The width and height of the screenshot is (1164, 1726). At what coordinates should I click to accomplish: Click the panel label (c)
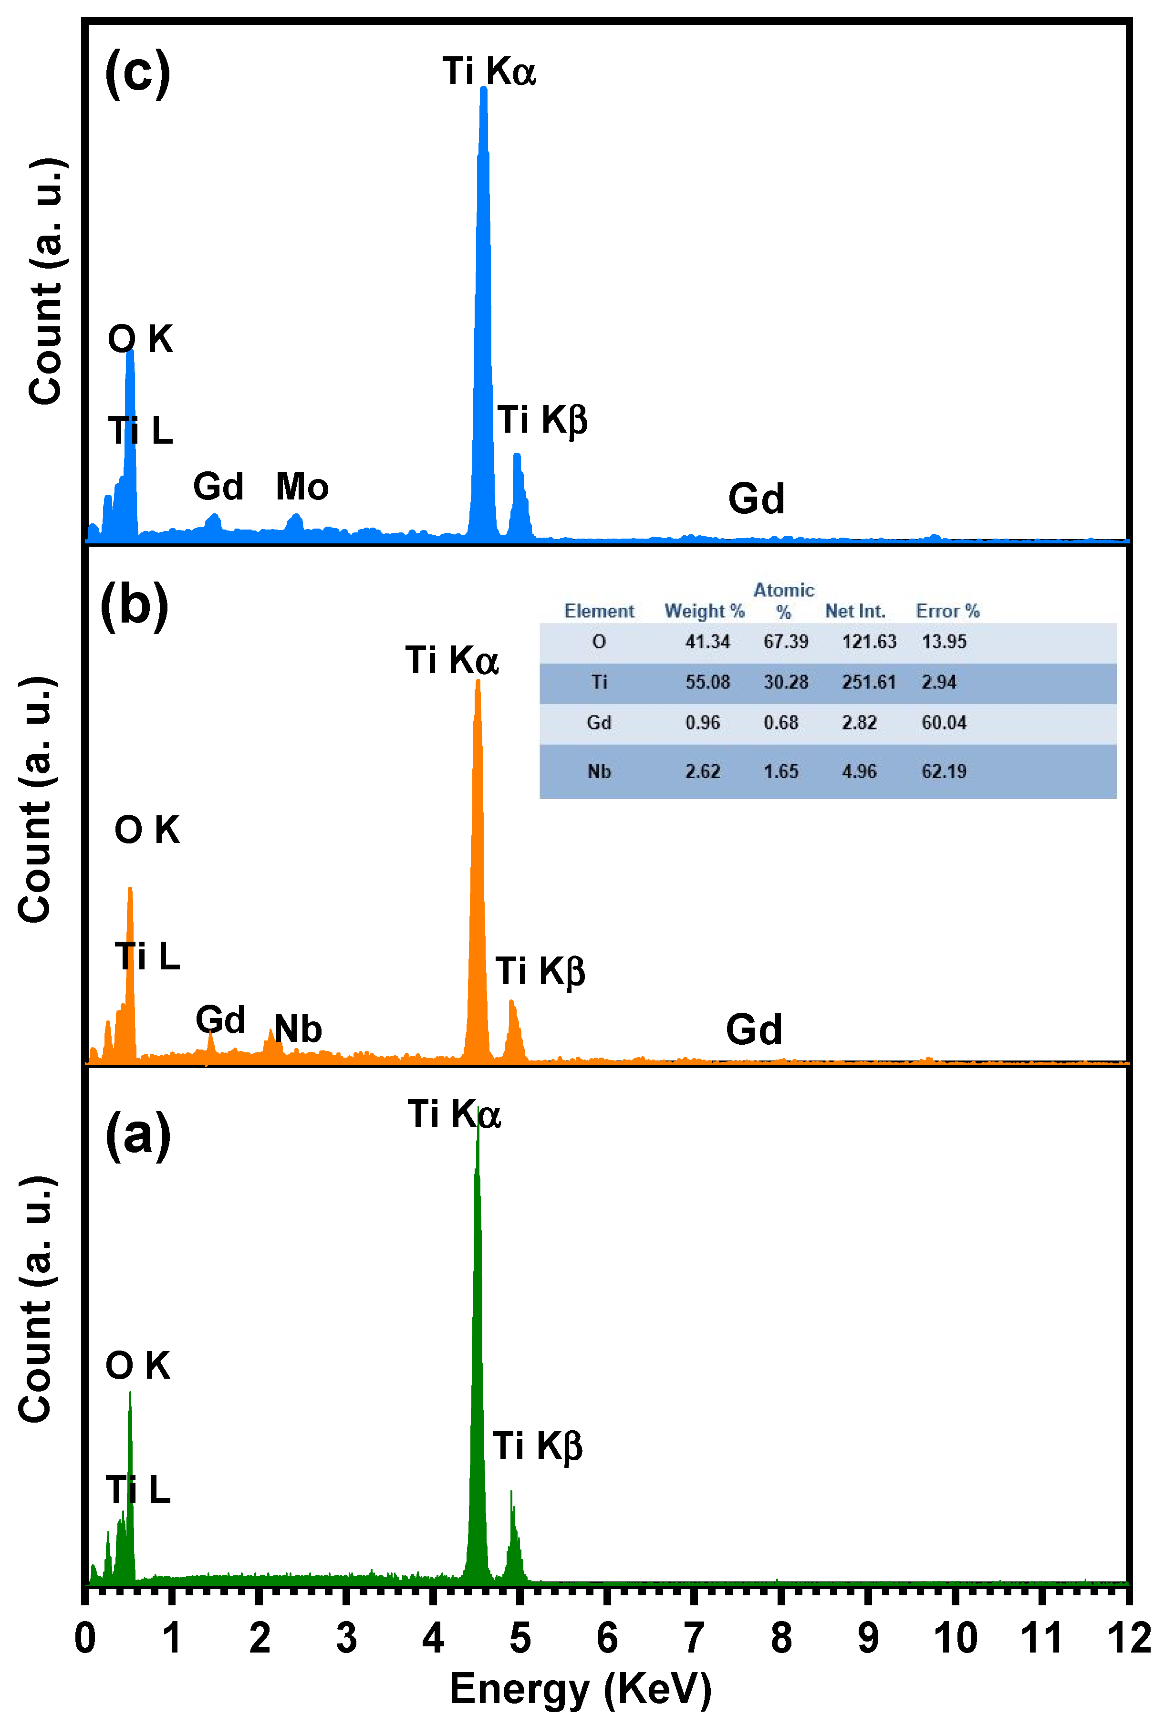tap(137, 73)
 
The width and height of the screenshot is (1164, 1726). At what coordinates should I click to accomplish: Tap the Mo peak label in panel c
tap(301, 487)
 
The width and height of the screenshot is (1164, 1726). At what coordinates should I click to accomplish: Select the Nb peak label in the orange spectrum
tap(298, 1029)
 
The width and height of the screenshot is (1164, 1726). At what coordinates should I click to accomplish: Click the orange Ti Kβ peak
tap(511, 1004)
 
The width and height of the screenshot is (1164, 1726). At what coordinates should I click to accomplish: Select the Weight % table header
tap(704, 611)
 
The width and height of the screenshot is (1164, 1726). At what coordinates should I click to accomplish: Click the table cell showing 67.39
tap(785, 641)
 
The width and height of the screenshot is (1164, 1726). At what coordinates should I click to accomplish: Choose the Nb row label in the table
tap(599, 771)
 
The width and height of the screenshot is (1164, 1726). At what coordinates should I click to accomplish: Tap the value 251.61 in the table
tap(869, 682)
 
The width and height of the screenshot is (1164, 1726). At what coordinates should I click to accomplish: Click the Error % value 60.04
tap(944, 722)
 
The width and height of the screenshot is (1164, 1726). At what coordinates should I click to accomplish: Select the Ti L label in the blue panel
tap(140, 431)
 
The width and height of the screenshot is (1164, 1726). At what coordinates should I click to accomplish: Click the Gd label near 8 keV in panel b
tap(753, 1029)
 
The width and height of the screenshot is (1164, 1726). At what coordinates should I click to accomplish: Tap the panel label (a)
tap(138, 1134)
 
